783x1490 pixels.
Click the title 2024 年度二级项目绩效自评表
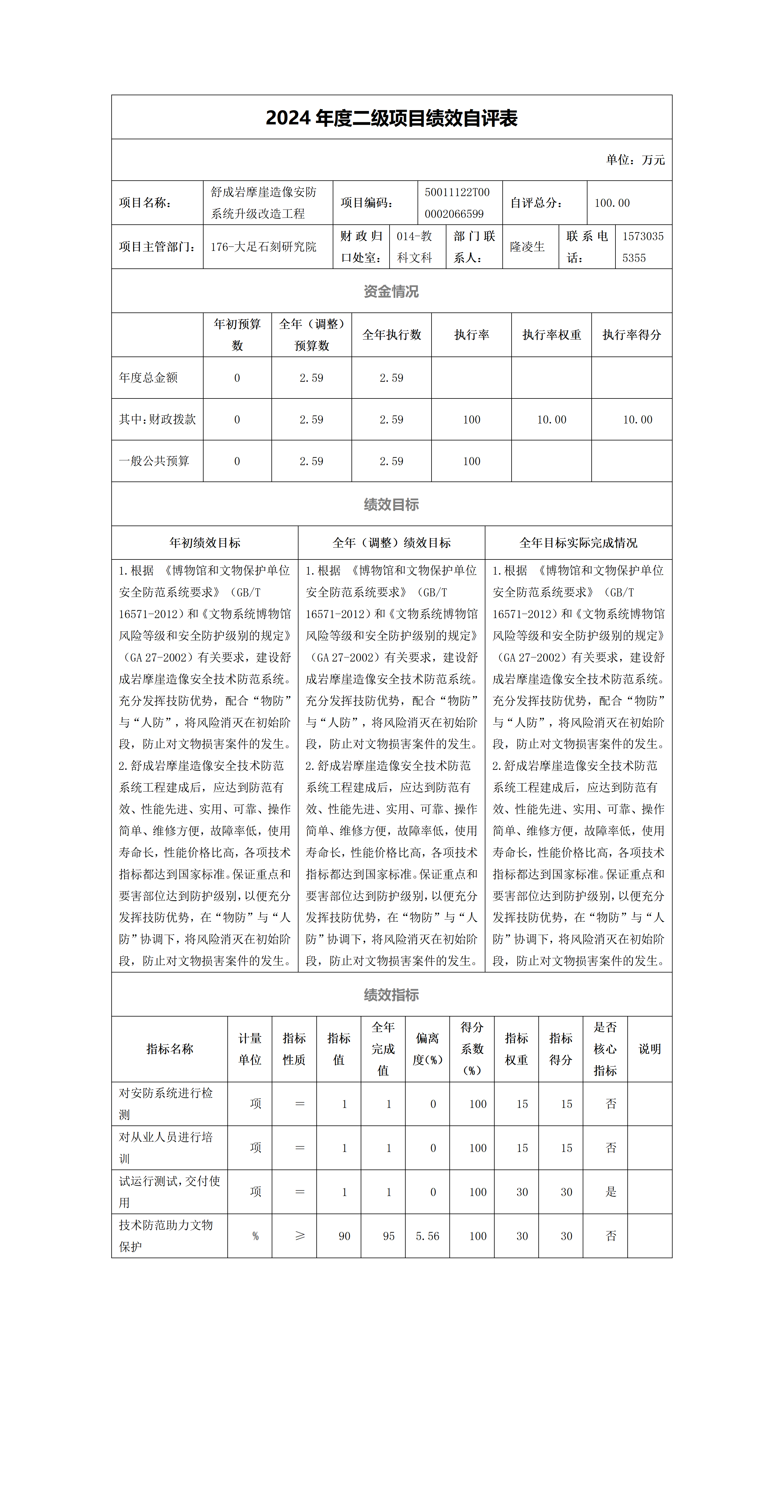coord(392,118)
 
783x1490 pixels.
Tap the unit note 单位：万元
coord(635,160)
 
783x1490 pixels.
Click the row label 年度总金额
coord(149,378)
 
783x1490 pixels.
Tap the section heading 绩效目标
coord(392,504)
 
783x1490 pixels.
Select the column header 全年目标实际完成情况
coord(578,542)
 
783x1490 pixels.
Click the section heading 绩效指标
coord(392,995)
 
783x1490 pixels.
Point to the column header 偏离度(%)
coord(427,1049)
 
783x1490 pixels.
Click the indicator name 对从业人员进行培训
coord(166,1147)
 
